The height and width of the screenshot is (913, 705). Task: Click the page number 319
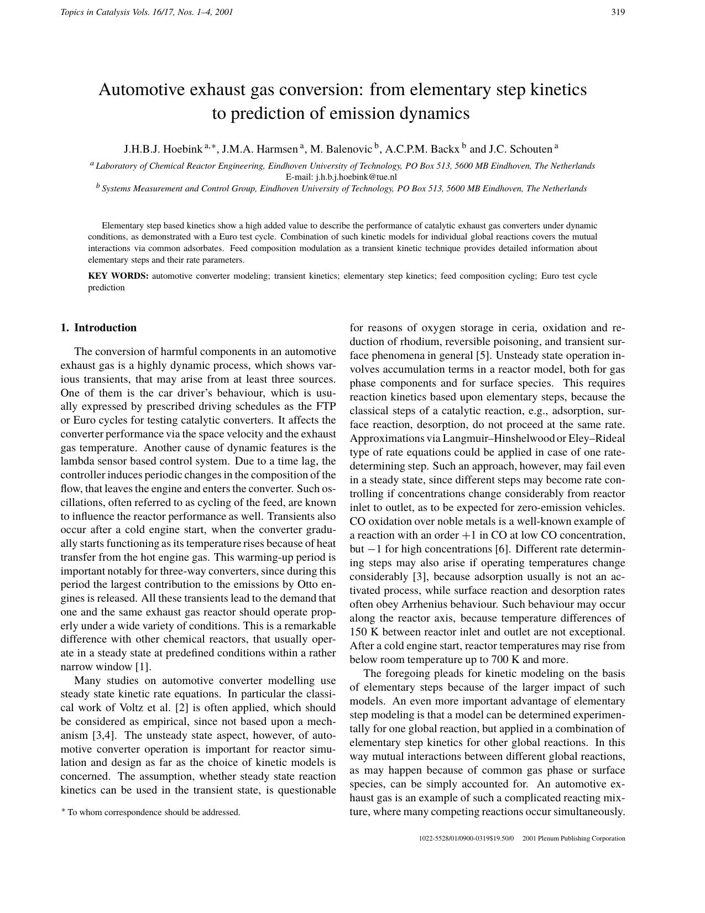click(x=618, y=12)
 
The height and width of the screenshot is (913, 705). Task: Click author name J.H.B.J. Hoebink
click(x=163, y=149)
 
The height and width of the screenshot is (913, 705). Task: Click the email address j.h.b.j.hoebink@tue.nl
click(x=357, y=178)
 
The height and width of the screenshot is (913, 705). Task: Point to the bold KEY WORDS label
click(x=118, y=276)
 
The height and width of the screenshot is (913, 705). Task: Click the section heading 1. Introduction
click(x=98, y=328)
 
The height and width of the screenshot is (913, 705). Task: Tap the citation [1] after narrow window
click(x=143, y=667)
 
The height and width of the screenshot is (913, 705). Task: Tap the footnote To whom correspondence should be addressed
click(x=153, y=812)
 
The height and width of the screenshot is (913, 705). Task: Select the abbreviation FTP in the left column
click(x=326, y=407)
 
